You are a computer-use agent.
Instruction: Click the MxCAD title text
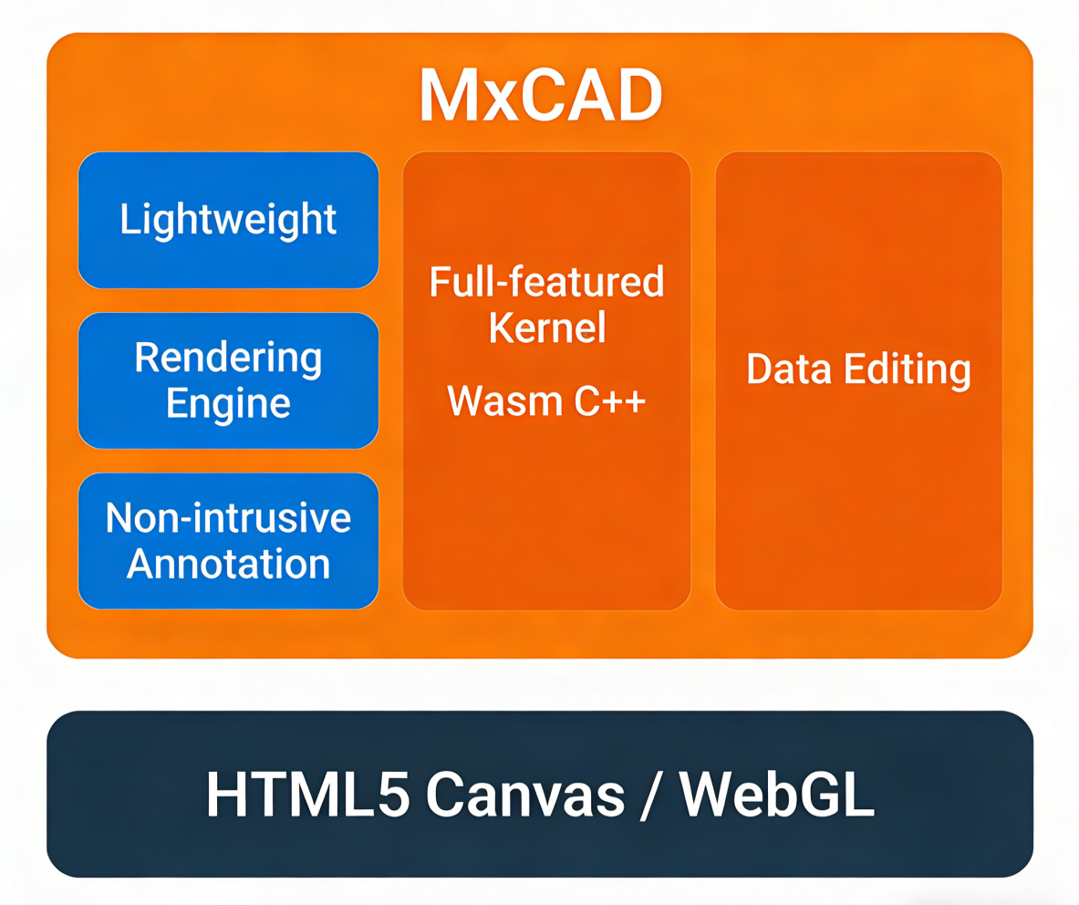click(x=540, y=95)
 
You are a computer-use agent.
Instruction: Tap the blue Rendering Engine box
click(x=228, y=380)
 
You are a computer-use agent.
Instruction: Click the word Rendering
click(x=228, y=358)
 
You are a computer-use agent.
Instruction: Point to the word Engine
click(x=228, y=402)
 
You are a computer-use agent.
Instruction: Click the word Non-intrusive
click(x=228, y=518)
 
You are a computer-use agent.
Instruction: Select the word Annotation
click(x=228, y=563)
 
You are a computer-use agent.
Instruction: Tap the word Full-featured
click(x=547, y=282)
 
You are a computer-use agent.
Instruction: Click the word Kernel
click(x=547, y=327)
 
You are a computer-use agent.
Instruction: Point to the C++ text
click(x=610, y=400)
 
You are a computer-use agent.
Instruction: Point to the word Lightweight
click(x=228, y=221)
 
